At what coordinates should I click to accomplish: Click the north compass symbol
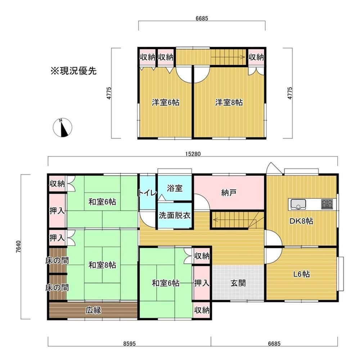click(x=62, y=127)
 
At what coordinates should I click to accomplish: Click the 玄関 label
click(x=238, y=283)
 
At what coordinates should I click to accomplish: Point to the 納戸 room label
click(x=229, y=192)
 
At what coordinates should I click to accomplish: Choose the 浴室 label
click(x=175, y=188)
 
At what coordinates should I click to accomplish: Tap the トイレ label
click(x=148, y=192)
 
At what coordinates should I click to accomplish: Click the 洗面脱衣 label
click(x=175, y=215)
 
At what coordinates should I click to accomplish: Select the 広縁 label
click(x=93, y=310)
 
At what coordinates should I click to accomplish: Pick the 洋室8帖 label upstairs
click(x=229, y=102)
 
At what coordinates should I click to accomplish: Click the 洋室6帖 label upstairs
click(x=166, y=102)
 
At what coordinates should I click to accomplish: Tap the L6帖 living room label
click(x=301, y=274)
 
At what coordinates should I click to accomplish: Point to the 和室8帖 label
click(x=102, y=265)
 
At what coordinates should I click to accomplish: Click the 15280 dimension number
click(x=193, y=154)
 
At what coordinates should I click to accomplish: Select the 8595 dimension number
click(x=129, y=344)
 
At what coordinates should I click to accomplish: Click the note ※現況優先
click(x=73, y=71)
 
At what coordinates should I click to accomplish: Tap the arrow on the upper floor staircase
click(x=228, y=57)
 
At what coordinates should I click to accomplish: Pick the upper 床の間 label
click(x=57, y=261)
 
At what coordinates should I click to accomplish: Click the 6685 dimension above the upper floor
click(x=202, y=18)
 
